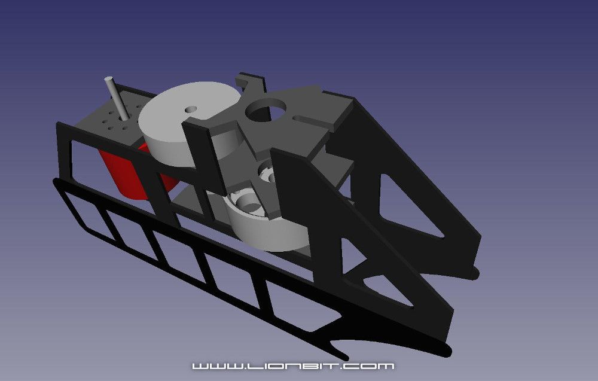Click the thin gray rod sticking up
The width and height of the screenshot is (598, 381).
pyautogui.click(x=114, y=96)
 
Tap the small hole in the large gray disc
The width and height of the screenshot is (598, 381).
pyautogui.click(x=191, y=109)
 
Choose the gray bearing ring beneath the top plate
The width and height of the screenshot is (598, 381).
pyautogui.click(x=266, y=174)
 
